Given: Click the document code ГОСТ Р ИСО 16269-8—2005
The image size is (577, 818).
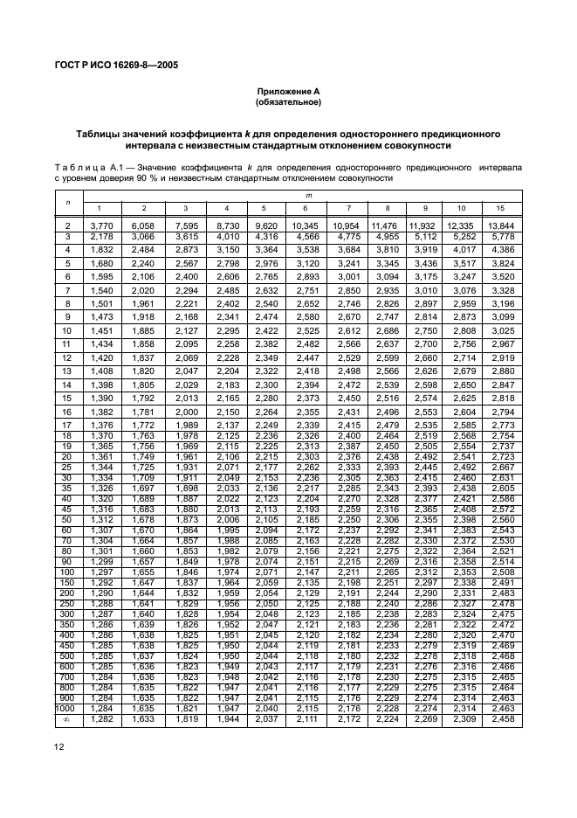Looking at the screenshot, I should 120,64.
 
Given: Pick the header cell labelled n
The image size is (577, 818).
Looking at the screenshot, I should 67,202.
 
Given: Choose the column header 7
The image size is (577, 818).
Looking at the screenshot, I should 348,208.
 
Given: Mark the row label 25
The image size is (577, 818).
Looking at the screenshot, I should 66,468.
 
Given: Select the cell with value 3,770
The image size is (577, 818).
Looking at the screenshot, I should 100,226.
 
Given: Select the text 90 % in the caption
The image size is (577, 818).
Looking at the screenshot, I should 153,177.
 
